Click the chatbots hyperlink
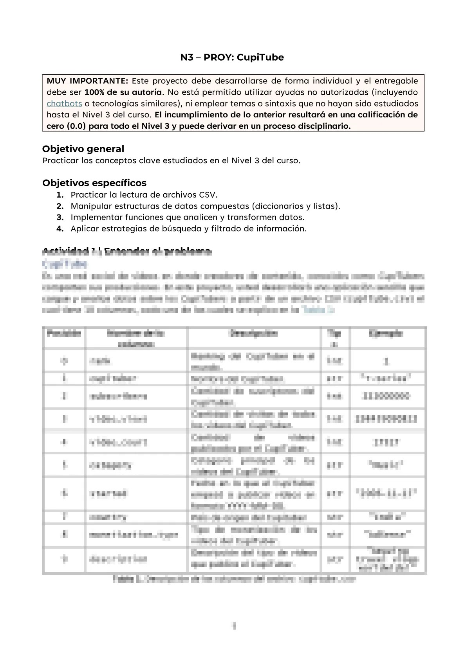point(64,104)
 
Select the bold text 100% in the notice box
point(94,92)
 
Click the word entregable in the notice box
point(396,81)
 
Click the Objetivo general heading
point(83,149)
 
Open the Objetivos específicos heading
point(94,183)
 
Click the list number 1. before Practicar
point(60,195)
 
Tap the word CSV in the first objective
point(208,195)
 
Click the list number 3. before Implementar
point(60,218)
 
